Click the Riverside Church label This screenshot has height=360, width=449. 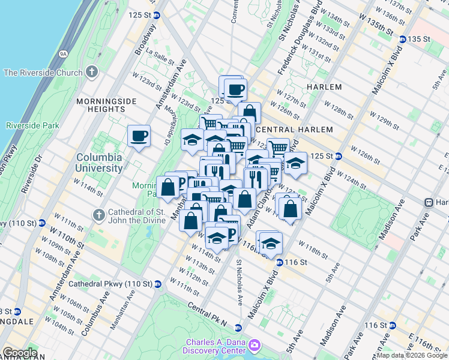(43, 73)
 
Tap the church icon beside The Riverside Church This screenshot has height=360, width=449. (91, 73)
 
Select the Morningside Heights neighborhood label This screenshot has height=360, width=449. (101, 105)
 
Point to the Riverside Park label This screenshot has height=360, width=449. (32, 126)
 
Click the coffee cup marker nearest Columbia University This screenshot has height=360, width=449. (139, 135)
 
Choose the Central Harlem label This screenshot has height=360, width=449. (286, 130)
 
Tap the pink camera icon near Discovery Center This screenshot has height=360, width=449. (255, 346)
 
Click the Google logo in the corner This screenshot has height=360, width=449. (19, 353)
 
